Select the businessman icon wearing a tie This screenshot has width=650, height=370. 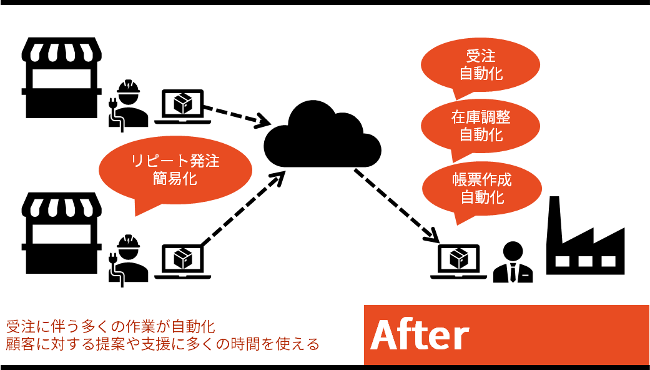coord(513,262)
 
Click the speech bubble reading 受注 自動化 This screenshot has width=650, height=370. coord(481,66)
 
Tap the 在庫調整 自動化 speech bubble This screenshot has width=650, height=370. coord(481,125)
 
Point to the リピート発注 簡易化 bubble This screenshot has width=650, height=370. coord(175,169)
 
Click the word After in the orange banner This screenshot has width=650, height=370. coord(420,336)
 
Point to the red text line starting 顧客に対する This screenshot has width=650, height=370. coord(162,344)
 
